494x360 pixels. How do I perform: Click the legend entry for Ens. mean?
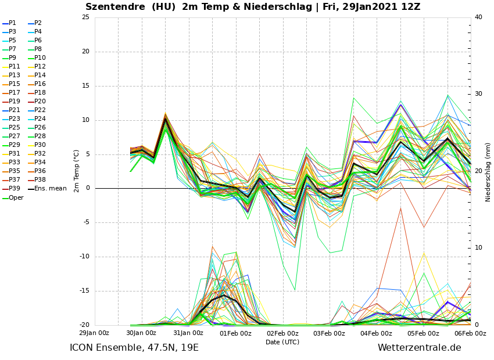50,189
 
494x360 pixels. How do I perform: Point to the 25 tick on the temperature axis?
85,17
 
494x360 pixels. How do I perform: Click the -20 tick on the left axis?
84,325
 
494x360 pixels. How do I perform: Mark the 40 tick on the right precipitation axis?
478,17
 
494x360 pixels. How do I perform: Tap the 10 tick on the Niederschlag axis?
478,248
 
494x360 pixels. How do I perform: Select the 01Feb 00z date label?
235,333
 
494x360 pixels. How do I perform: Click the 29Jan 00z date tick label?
94,333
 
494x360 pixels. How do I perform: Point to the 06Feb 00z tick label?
470,333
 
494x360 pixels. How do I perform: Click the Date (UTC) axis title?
282,342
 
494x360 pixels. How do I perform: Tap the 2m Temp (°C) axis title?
76,171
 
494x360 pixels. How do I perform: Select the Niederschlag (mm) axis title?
488,172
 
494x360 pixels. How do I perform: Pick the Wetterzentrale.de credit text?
419,348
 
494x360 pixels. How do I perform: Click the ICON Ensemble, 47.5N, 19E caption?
134,348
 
